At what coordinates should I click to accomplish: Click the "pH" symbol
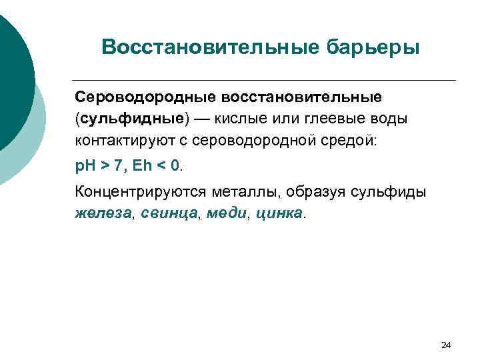point(83,164)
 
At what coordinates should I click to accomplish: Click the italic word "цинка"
point(277,214)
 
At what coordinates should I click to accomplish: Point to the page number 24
point(446,345)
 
